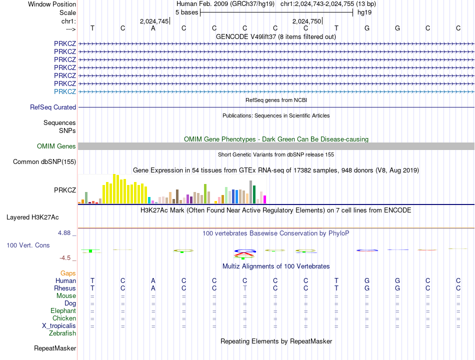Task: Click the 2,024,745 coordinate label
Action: tap(153, 21)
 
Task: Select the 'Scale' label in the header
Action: tap(67, 12)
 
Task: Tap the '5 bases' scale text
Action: tap(186, 12)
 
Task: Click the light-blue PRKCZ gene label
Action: tap(65, 91)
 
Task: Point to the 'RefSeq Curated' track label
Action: tap(53, 107)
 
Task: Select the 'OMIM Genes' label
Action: tap(56, 146)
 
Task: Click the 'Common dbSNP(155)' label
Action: tap(44, 161)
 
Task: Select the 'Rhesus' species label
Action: tap(65, 288)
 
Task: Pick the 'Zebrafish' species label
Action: tap(62, 333)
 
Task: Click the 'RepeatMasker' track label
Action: tap(55, 348)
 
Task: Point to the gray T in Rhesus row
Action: tap(245, 288)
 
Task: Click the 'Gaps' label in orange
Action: tap(68, 273)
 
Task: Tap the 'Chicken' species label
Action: tap(64, 318)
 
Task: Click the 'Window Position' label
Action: tap(52, 4)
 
